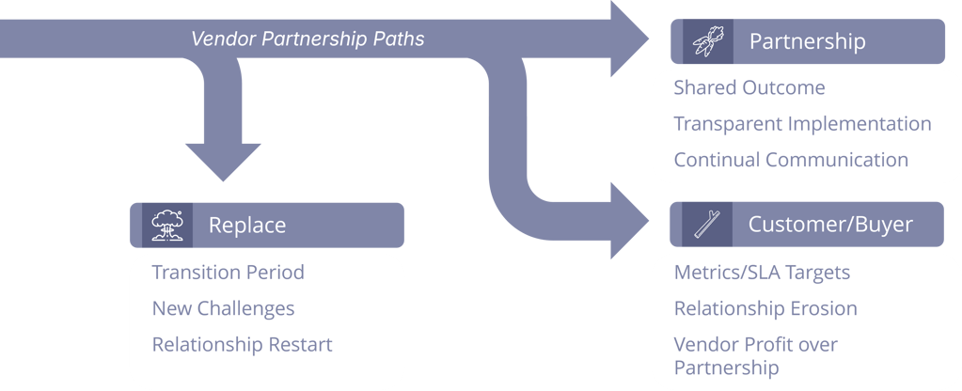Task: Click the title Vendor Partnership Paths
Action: click(x=308, y=39)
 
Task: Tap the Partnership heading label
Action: click(x=807, y=42)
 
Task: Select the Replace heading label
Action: click(x=247, y=226)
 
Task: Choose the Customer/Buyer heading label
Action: click(x=830, y=226)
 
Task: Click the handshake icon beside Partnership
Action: click(x=706, y=42)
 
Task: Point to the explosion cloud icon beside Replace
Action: click(x=167, y=226)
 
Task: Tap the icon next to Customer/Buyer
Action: click(x=706, y=226)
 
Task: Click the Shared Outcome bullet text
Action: click(x=749, y=88)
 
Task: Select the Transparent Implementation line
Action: click(x=802, y=124)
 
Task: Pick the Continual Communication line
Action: click(x=791, y=160)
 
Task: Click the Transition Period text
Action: click(x=228, y=273)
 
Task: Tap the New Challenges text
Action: click(x=223, y=308)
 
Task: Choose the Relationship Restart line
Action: click(x=242, y=345)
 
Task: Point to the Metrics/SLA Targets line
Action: click(x=762, y=273)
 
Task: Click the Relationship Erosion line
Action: click(x=765, y=308)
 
